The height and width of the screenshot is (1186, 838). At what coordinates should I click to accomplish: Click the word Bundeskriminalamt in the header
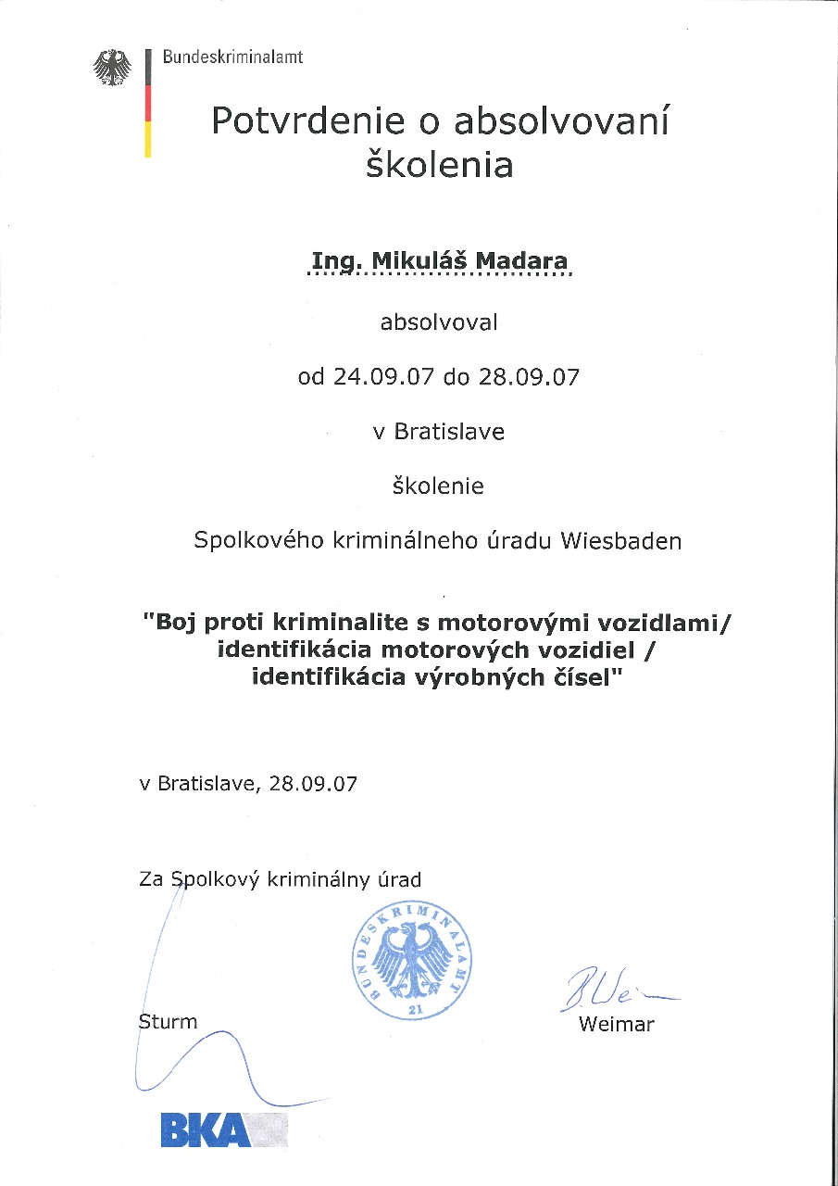click(x=233, y=57)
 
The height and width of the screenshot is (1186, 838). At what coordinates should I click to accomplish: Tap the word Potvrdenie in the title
click(x=294, y=121)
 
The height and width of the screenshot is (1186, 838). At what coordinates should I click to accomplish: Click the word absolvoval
click(x=439, y=322)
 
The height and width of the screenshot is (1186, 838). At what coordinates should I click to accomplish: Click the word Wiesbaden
click(x=620, y=541)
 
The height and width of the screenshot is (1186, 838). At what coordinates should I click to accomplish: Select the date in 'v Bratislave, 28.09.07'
click(x=312, y=783)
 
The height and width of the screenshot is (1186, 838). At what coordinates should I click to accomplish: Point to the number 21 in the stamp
click(x=414, y=1008)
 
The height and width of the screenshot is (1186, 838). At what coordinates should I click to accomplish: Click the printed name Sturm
click(x=168, y=1022)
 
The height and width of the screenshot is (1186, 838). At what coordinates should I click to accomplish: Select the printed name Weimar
click(x=616, y=1025)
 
